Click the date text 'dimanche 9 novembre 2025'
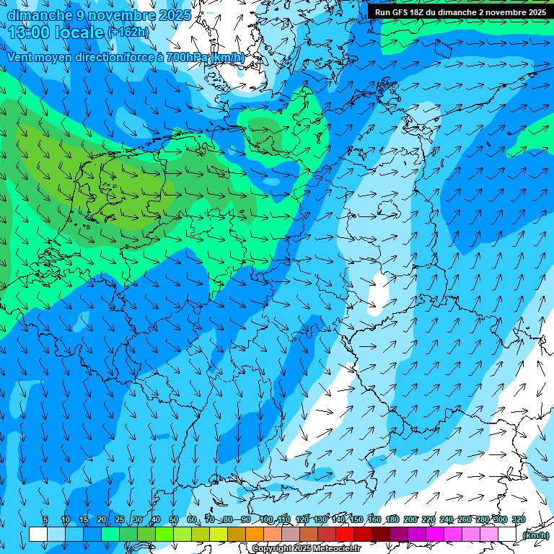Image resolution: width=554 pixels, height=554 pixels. pos(100,14)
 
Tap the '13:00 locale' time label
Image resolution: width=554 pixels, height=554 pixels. pos(56,32)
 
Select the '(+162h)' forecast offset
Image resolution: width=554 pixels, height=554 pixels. pos(128,32)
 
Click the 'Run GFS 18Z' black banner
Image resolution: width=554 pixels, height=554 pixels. pos(460,12)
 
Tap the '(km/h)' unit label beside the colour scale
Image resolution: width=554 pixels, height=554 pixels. pos(535,535)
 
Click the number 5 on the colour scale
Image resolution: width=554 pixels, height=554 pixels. pos(45,519)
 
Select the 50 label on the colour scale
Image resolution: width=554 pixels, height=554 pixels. pos(174,519)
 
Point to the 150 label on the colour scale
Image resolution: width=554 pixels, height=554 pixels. pos(356,519)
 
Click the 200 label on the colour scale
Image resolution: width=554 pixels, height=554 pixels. pos(410,519)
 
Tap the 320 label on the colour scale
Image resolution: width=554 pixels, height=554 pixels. pos(518,519)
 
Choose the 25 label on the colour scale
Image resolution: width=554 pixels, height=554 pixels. pos(119,519)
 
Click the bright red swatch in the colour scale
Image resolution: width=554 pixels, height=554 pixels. pos(345,535)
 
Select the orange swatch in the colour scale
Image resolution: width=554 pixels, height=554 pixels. pos(255,535)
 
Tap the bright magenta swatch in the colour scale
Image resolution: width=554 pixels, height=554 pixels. pos(435,535)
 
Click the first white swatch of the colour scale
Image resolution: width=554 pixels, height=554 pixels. pos(38,535)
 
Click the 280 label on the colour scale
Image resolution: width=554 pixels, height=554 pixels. pos(483,519)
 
